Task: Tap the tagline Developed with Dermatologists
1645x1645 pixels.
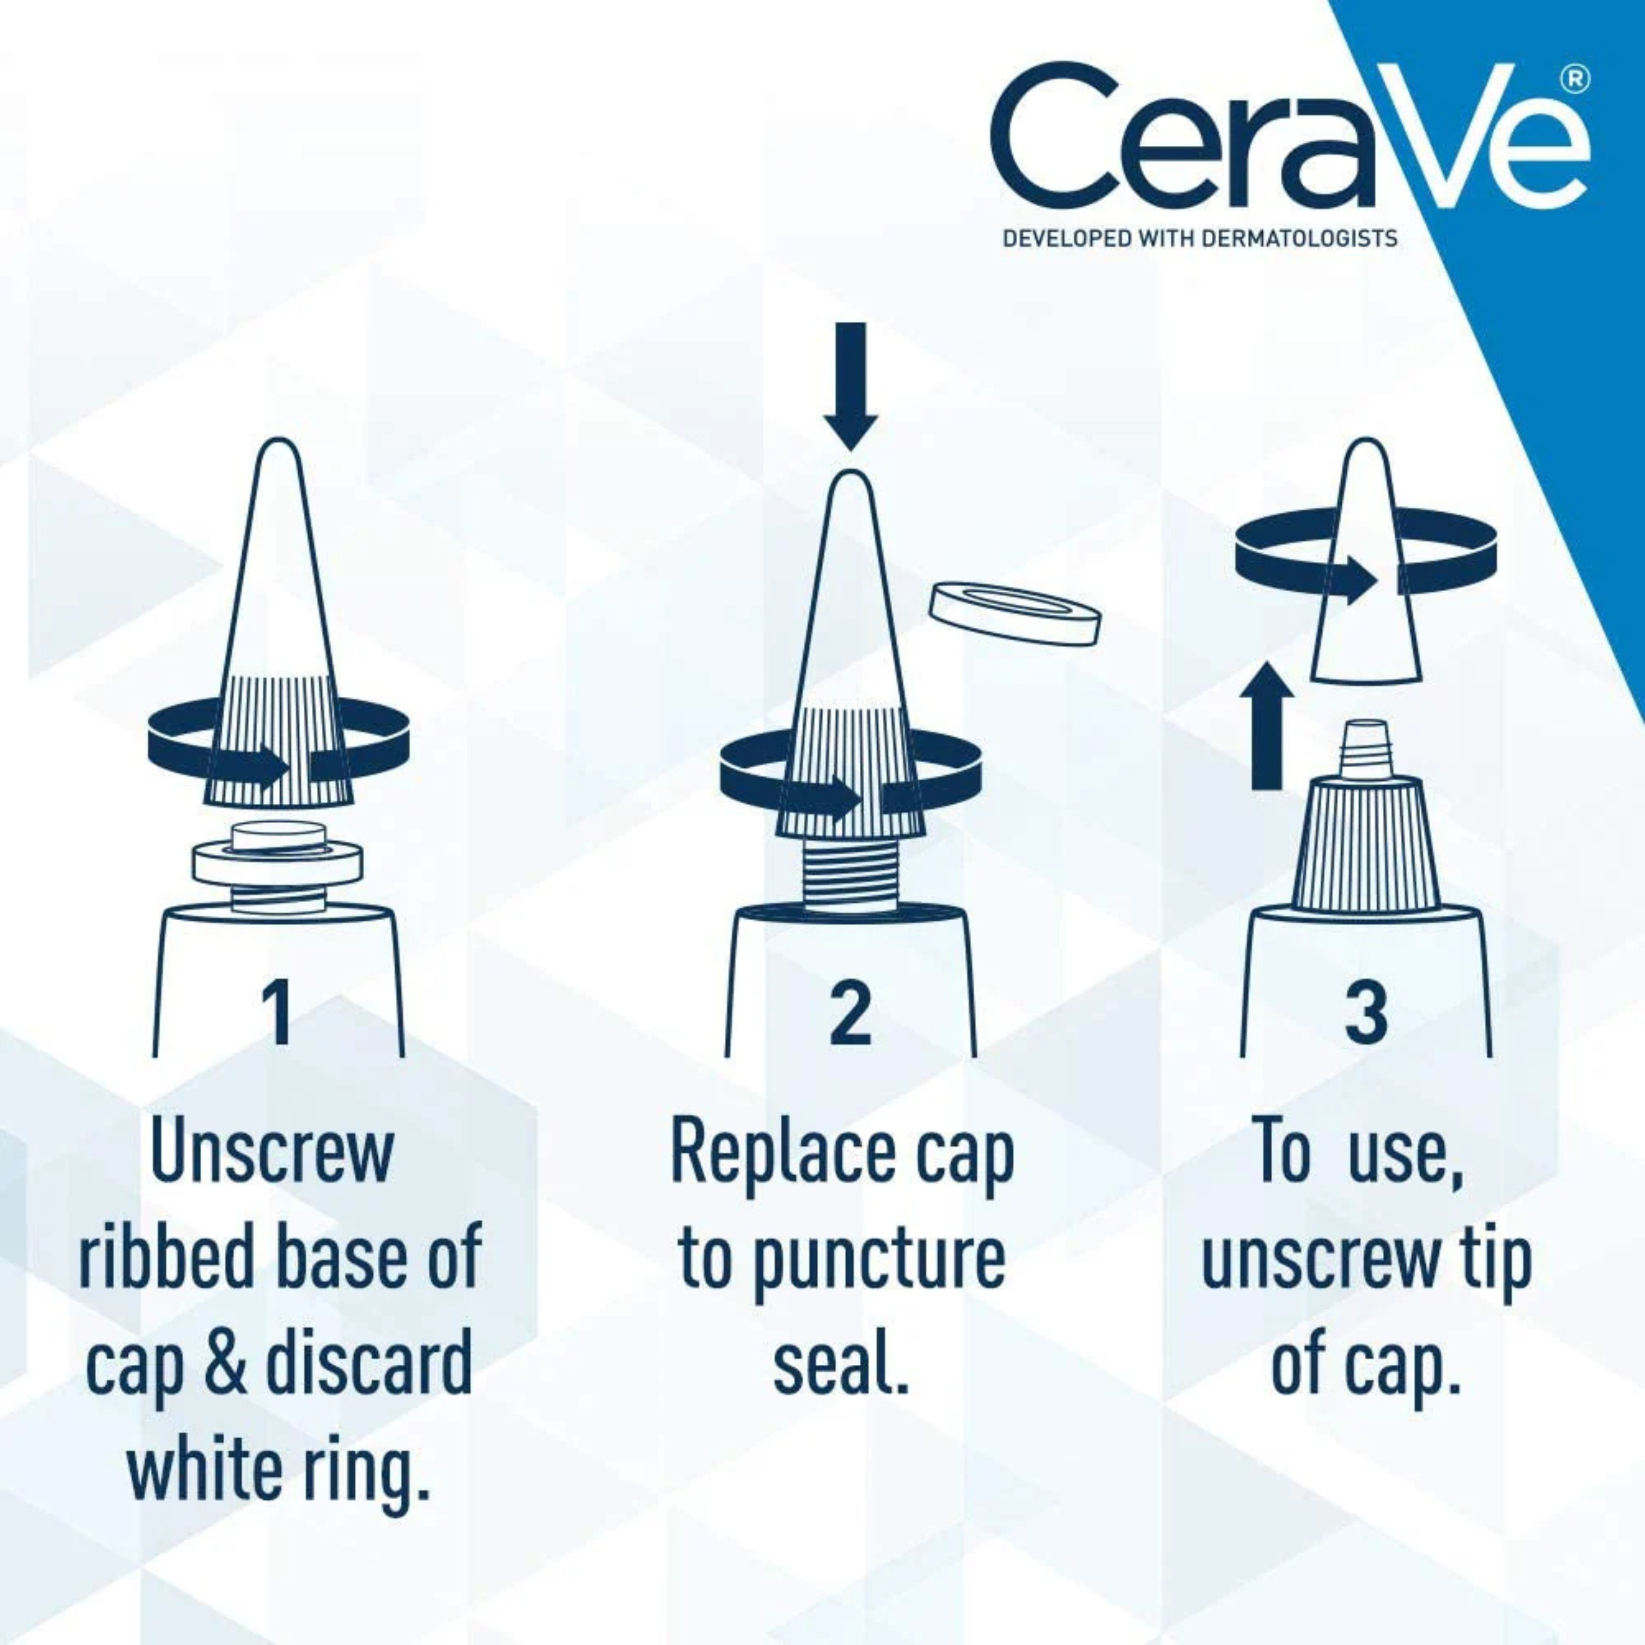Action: pyautogui.click(x=1200, y=237)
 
